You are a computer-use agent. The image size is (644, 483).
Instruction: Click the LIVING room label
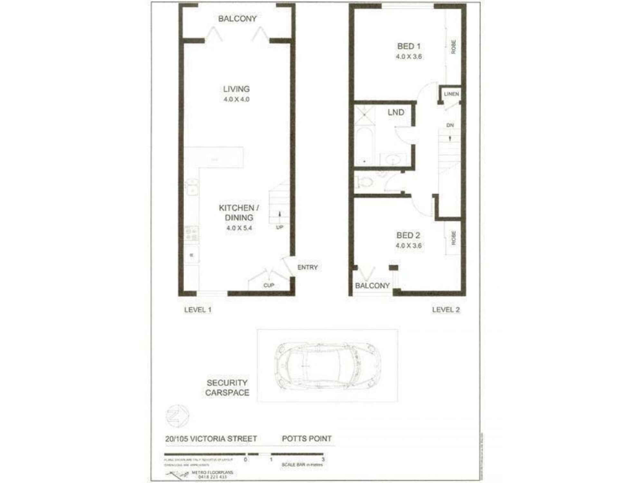pyautogui.click(x=236, y=89)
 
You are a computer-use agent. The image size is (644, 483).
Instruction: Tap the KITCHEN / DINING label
pyautogui.click(x=239, y=213)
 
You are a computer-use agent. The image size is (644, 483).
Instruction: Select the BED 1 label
pyautogui.click(x=409, y=46)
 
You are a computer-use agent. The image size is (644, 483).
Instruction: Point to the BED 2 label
pyautogui.click(x=408, y=235)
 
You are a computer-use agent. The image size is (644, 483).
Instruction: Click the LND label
pyautogui.click(x=396, y=112)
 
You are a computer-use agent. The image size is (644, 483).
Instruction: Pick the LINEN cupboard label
pyautogui.click(x=451, y=94)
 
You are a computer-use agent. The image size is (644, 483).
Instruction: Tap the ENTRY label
pyautogui.click(x=307, y=267)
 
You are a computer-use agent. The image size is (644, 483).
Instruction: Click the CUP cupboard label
pyautogui.click(x=269, y=285)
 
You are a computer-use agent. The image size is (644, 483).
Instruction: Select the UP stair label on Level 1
pyautogui.click(x=279, y=227)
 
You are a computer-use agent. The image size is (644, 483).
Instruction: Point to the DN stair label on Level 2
pyautogui.click(x=450, y=125)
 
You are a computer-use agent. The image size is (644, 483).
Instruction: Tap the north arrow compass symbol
pyautogui.click(x=177, y=416)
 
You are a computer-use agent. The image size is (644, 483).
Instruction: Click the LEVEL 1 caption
pyautogui.click(x=198, y=310)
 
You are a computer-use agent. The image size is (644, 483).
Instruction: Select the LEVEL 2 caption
pyautogui.click(x=446, y=310)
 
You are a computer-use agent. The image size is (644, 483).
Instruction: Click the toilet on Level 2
pyautogui.click(x=364, y=183)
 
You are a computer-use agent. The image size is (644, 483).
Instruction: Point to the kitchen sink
pyautogui.click(x=192, y=187)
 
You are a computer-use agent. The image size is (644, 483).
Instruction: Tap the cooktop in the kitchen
pyautogui.click(x=192, y=234)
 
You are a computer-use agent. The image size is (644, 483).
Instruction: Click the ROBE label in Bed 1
pyautogui.click(x=453, y=47)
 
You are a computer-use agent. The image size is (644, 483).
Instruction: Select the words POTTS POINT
pyautogui.click(x=307, y=439)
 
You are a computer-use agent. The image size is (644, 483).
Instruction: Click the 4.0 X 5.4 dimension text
pyautogui.click(x=239, y=228)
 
